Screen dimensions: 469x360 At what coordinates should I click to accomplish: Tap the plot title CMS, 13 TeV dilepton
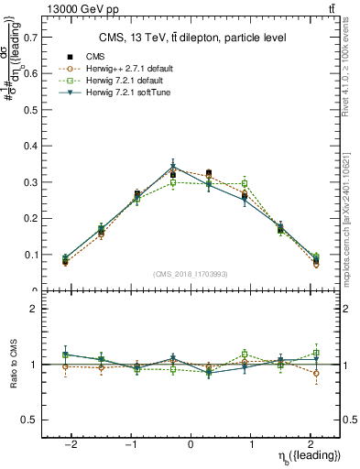point(192,38)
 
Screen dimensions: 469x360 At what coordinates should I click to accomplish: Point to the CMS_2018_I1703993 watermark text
point(190,274)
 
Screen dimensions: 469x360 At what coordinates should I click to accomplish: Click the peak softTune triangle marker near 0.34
point(173,167)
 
